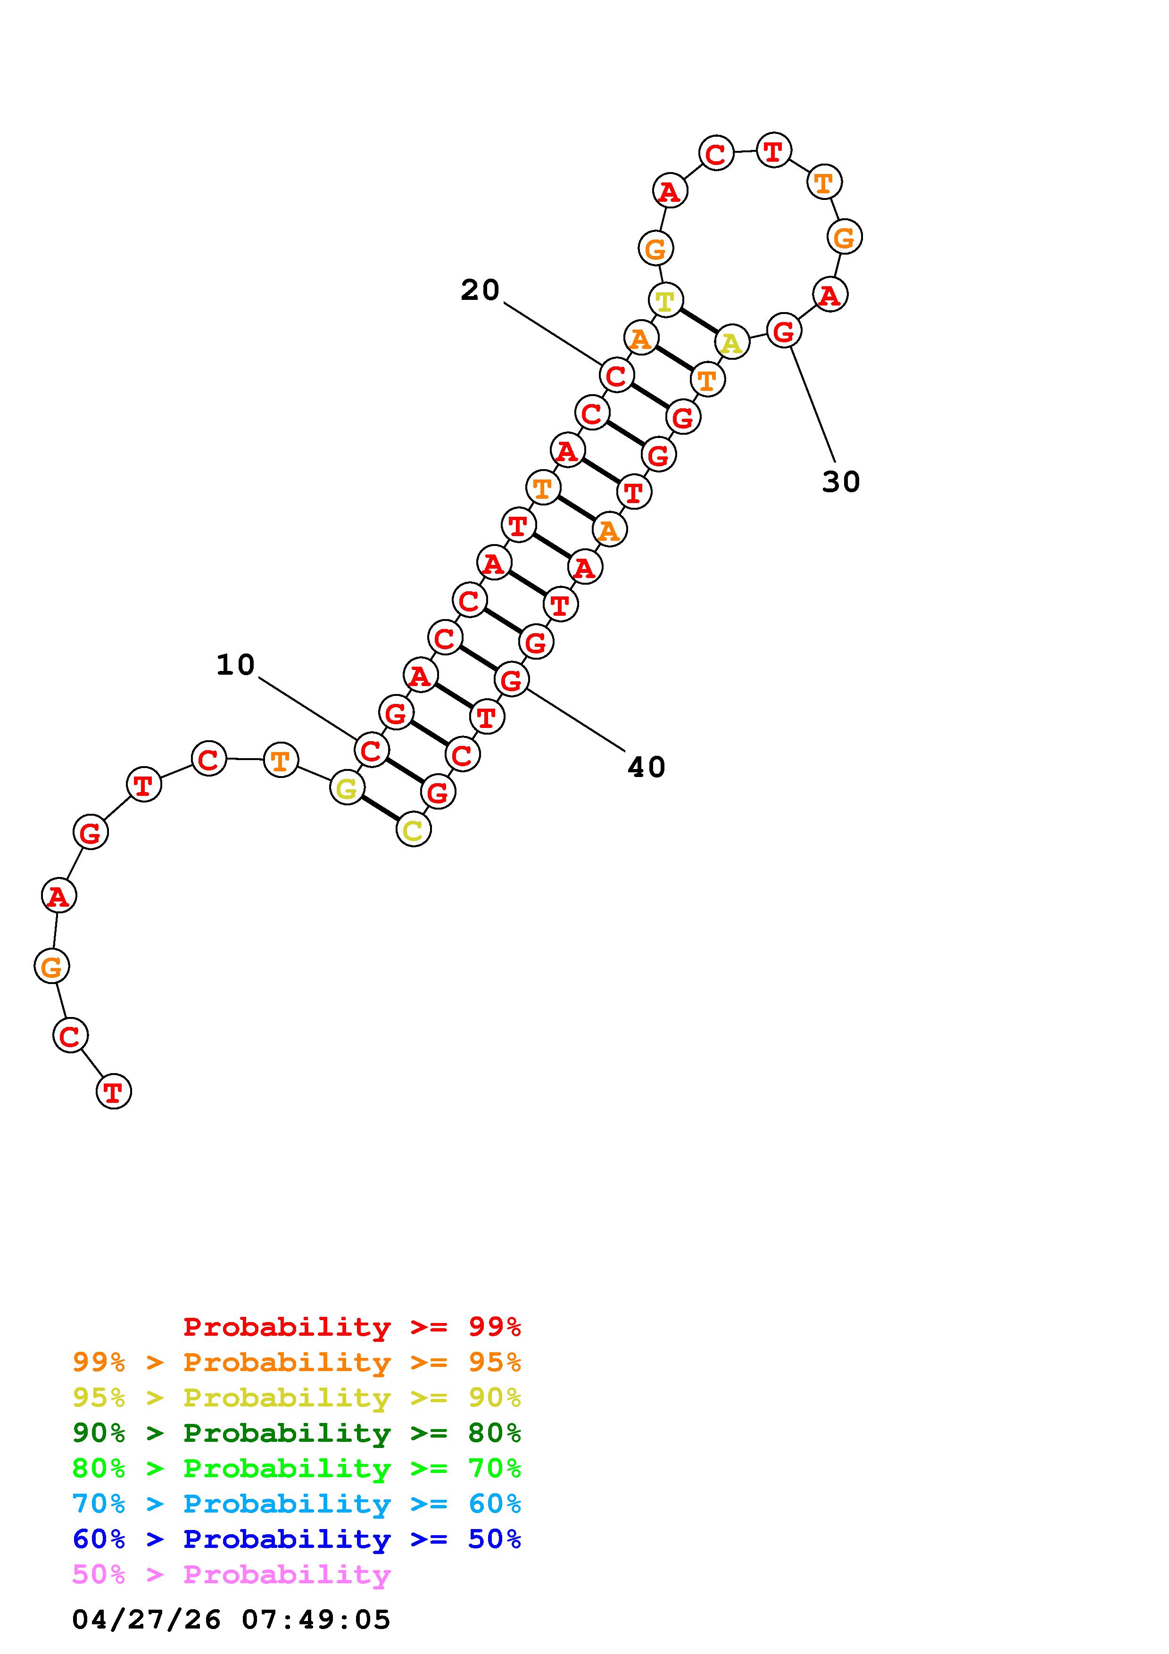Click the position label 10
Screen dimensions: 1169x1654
pyautogui.click(x=235, y=665)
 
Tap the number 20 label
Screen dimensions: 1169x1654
pyautogui.click(x=480, y=290)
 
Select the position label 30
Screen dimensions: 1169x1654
pyautogui.click(x=840, y=482)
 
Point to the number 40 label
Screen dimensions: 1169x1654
pyautogui.click(x=646, y=767)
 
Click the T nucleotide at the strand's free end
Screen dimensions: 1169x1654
pyautogui.click(x=114, y=1092)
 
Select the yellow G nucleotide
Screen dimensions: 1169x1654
pyautogui.click(x=347, y=788)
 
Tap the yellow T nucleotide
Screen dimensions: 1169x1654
pyautogui.click(x=665, y=300)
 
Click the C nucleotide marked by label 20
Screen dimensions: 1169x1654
pyautogui.click(x=616, y=375)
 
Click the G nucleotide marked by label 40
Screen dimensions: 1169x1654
pyautogui.click(x=511, y=679)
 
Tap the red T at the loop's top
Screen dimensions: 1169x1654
pyautogui.click(x=773, y=150)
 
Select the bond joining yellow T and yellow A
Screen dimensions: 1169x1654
pyautogui.click(x=699, y=321)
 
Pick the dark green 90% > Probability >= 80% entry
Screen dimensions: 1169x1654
pyautogui.click(x=297, y=1433)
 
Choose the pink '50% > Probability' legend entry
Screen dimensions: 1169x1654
pyautogui.click(x=232, y=1575)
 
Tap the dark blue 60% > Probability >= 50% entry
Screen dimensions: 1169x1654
pyautogui.click(x=297, y=1539)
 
